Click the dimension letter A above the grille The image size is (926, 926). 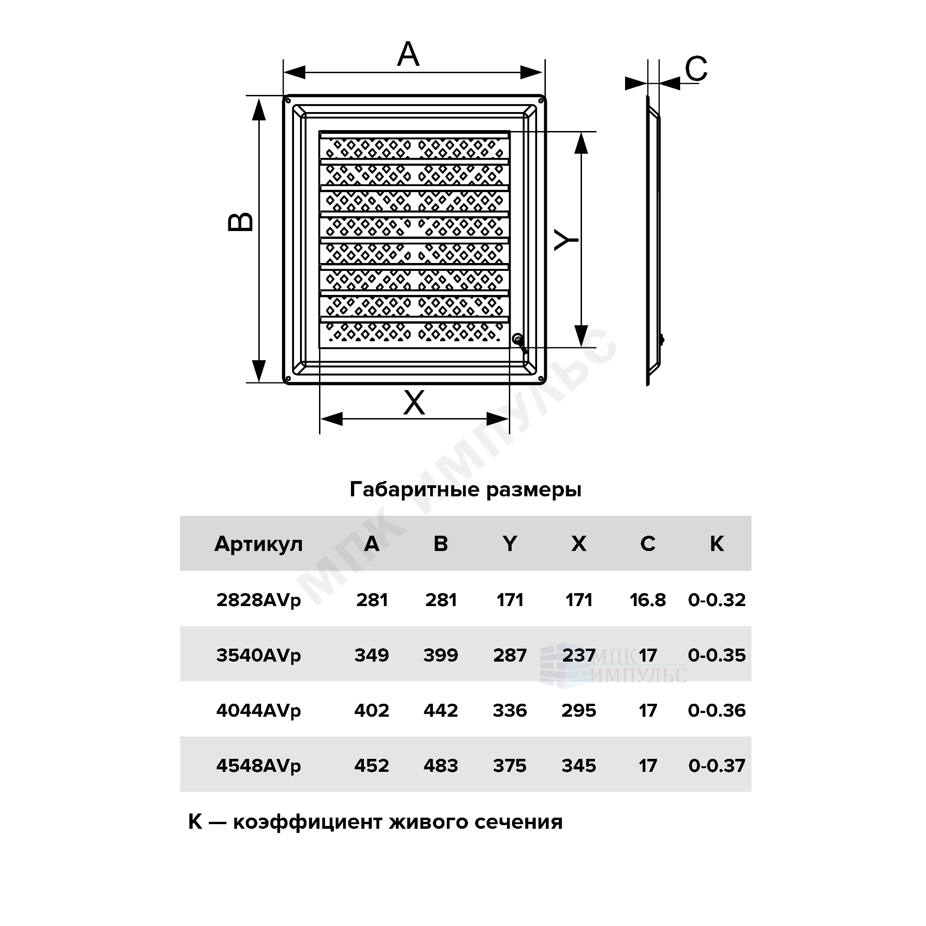pos(408,54)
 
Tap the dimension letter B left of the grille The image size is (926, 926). pos(241,222)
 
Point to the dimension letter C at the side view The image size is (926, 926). pos(696,69)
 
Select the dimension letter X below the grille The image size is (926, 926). pos(414,403)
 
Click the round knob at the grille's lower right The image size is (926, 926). pos(518,339)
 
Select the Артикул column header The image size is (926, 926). pos(258,544)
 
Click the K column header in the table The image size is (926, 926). pos(717,544)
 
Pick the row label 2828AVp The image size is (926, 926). pos(258,601)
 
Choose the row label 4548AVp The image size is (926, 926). pos(258,766)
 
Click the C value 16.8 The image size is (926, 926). pos(648,600)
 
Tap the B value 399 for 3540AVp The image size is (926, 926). pos(440,655)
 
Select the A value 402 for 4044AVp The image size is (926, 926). pos(371,710)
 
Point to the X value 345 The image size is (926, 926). pos(578,766)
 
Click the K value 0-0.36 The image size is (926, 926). pos(717,710)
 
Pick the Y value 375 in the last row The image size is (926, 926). pos(509,766)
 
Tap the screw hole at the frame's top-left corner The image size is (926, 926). pos(289,101)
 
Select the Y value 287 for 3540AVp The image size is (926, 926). pos(509,655)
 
